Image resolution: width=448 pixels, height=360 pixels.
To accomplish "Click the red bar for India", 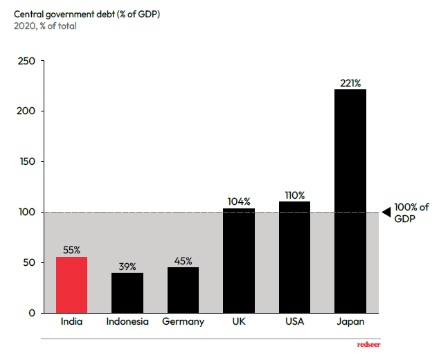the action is point(72,285).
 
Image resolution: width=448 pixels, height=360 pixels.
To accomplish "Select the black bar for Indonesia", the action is point(127,293).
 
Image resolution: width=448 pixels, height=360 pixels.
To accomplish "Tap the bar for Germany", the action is point(183,290).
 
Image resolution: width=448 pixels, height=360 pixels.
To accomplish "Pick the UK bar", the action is point(239,260).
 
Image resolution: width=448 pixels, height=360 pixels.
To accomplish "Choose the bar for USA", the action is point(294,257).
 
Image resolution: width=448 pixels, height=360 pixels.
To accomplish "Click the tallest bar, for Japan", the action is point(350,201).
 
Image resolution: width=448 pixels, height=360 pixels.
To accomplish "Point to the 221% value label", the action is point(350,83).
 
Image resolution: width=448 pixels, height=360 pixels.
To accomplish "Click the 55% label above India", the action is point(71,250).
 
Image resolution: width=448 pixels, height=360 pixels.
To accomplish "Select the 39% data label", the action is point(127,267).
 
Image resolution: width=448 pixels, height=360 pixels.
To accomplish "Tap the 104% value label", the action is point(239,201).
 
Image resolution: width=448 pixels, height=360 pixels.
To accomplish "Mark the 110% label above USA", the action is point(294,195).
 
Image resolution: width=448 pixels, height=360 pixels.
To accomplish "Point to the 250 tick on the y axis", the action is point(26,61).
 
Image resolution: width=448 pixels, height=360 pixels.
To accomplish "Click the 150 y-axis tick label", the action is point(27,161).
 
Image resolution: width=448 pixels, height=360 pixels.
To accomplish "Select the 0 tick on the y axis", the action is point(32,313).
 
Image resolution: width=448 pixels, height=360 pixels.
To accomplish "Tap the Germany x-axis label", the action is point(183,322).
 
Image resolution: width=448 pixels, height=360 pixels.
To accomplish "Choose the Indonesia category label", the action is point(127,321).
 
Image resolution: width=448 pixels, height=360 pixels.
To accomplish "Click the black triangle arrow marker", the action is point(387,212).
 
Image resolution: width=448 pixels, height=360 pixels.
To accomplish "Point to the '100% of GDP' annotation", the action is point(411,213).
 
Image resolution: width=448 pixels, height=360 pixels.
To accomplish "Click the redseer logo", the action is point(369,345).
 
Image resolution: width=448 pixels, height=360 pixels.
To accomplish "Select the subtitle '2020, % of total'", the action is point(45,26).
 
